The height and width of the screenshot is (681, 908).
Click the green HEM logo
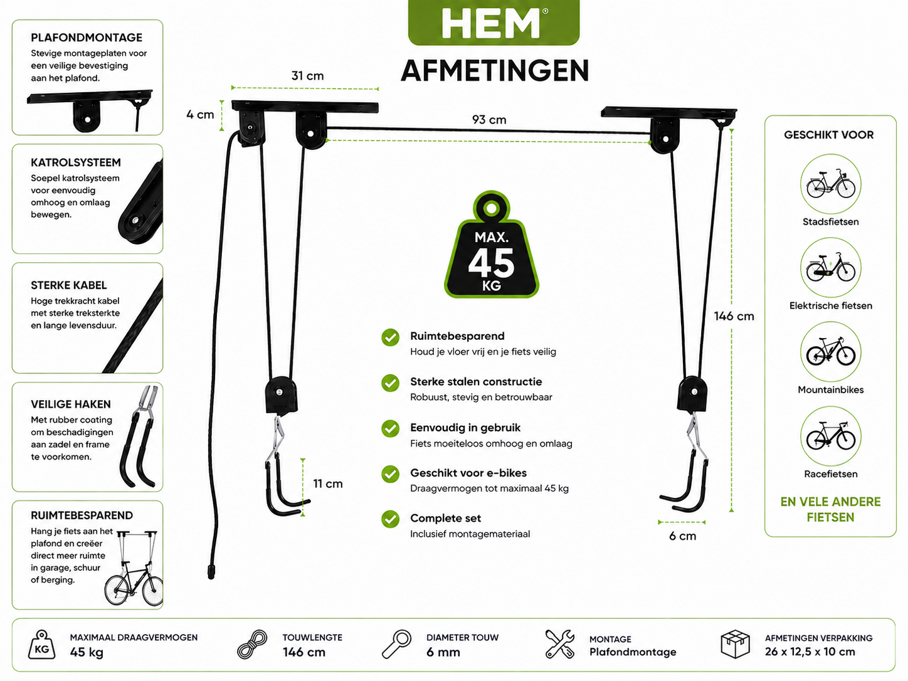[494, 23]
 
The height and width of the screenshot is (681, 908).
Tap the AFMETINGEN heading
[495, 71]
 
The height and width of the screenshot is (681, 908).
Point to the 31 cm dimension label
[307, 76]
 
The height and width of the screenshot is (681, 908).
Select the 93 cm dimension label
[489, 120]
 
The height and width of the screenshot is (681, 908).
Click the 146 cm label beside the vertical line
[734, 316]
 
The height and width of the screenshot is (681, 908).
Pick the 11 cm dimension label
[327, 483]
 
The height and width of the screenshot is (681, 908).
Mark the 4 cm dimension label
[200, 115]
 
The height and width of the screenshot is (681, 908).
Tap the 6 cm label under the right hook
[682, 536]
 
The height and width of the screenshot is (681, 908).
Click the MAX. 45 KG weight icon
[492, 245]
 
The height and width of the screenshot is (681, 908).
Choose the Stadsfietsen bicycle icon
[830, 184]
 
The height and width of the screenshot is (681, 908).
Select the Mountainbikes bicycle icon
[830, 352]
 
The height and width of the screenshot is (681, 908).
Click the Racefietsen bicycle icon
[830, 436]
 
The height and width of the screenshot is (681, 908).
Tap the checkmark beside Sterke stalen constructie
[390, 383]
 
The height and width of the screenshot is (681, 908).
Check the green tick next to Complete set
[390, 519]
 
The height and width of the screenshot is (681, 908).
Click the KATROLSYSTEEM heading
[76, 162]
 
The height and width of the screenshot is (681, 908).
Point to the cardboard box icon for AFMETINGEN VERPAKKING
[735, 644]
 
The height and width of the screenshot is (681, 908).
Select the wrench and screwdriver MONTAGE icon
[560, 644]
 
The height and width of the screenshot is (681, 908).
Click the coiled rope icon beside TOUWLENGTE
[252, 644]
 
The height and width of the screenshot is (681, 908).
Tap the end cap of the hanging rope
[211, 573]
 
